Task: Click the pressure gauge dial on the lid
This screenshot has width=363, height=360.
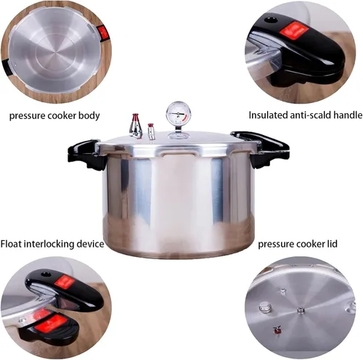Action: point(179,113)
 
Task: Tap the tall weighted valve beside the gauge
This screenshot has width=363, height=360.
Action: point(136,126)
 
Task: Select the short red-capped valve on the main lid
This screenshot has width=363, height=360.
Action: point(152,131)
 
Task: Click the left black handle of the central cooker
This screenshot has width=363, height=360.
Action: point(86,155)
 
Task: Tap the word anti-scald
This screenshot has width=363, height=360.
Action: point(309,115)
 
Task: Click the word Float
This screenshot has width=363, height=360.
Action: point(11,244)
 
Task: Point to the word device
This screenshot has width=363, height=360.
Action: point(90,244)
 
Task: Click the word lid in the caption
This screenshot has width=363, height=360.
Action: point(332,244)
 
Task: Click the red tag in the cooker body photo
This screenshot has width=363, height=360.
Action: point(103,33)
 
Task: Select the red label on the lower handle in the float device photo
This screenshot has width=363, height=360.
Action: point(51,324)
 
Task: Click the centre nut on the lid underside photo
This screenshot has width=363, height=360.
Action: point(301,310)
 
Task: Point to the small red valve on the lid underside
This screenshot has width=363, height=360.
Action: point(276,330)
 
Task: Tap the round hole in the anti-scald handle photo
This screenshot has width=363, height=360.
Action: point(270,20)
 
